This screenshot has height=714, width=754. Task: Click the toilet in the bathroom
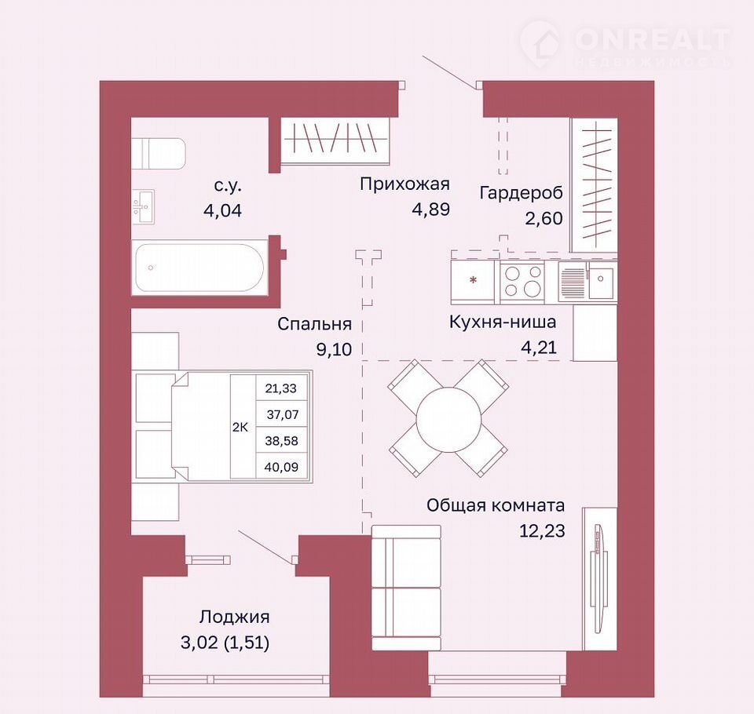click(x=158, y=154)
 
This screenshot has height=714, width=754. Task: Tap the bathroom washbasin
click(x=143, y=206)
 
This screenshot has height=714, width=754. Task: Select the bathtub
click(x=199, y=268)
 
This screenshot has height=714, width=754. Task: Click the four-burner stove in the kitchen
click(x=522, y=281)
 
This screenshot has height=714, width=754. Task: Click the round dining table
click(x=448, y=418)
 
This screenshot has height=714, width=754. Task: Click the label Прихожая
click(x=404, y=184)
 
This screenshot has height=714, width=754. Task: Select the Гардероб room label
click(x=521, y=193)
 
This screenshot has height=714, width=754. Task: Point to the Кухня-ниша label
click(x=503, y=322)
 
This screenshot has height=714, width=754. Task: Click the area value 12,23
click(x=541, y=531)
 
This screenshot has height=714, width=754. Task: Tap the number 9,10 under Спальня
click(x=334, y=349)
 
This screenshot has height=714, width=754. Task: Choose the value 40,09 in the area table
click(x=281, y=467)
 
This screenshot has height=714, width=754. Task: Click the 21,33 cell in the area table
click(x=281, y=388)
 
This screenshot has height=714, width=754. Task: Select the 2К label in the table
click(x=240, y=427)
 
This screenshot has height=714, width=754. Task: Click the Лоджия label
click(x=235, y=617)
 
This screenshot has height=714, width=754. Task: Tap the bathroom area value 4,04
click(x=222, y=210)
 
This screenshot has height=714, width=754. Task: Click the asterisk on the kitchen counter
click(x=474, y=279)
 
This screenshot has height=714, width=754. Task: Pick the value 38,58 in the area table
click(x=281, y=441)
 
